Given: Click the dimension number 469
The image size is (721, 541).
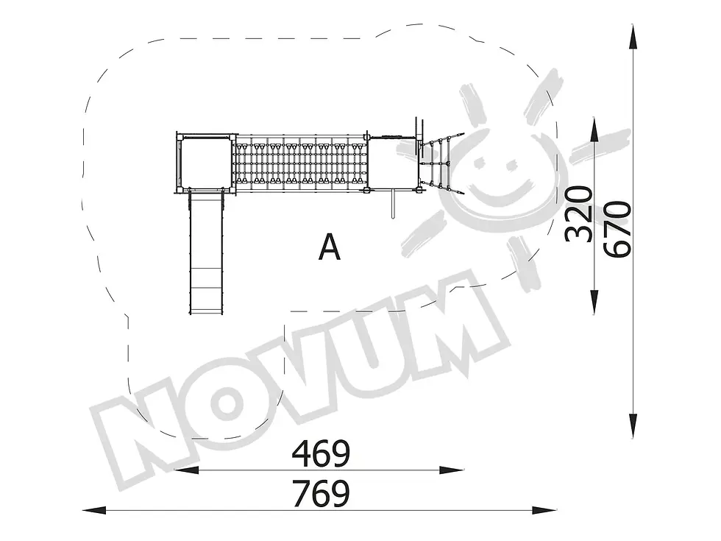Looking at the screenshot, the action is tap(321, 453).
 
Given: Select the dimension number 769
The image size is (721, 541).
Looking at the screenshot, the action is tap(321, 494).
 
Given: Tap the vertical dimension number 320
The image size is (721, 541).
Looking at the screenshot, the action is tap(579, 214).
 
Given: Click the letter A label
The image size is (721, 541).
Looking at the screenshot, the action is tap(330, 247).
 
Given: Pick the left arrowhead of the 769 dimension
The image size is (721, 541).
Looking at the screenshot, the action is tap(95, 510).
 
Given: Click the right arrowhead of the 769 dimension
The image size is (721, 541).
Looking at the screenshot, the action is tap(544, 510).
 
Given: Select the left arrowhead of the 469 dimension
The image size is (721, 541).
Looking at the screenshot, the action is tap(187, 470).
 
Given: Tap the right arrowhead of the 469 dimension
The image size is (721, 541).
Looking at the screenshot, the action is tap(452, 470).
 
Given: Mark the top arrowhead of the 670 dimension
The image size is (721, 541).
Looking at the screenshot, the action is tap(633, 37).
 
